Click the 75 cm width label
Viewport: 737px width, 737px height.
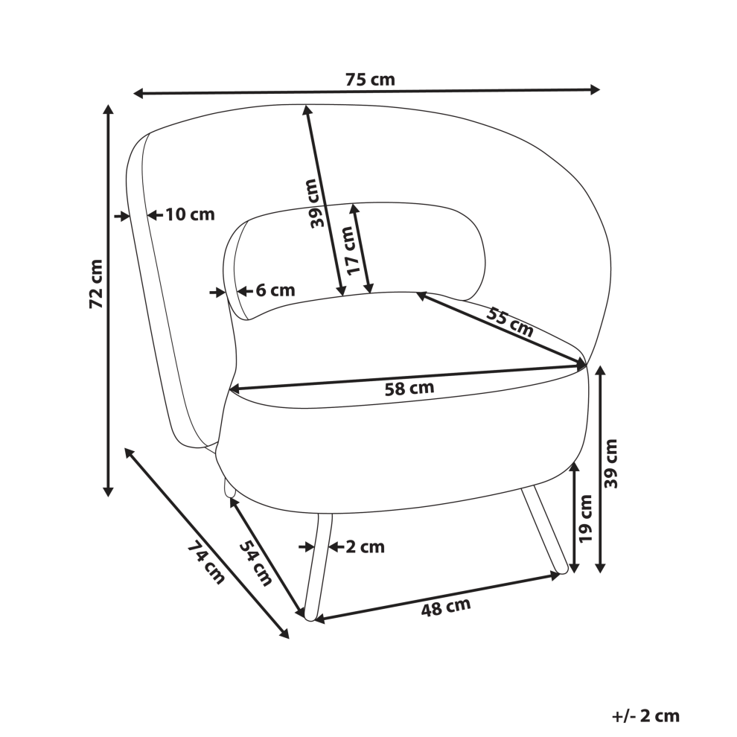pyautogui.click(x=371, y=80)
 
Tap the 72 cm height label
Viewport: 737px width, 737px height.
pyautogui.click(x=96, y=284)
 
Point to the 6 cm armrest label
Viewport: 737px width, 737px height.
pyautogui.click(x=275, y=290)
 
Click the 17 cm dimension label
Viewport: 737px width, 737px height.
pyautogui.click(x=355, y=250)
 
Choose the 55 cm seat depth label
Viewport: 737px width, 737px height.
pyautogui.click(x=510, y=322)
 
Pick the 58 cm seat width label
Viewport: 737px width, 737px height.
pyautogui.click(x=409, y=389)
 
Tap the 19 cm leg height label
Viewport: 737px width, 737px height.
pyautogui.click(x=585, y=518)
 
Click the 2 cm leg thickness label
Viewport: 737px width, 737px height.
pyautogui.click(x=366, y=546)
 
